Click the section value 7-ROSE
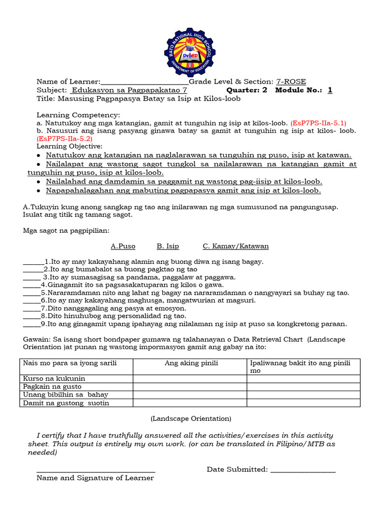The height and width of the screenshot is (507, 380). pos(291,82)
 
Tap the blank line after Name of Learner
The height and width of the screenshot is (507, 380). pos(144,82)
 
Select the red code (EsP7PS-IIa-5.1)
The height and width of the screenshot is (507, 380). pos(319,122)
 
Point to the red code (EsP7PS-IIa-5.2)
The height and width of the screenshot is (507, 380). pos(65,139)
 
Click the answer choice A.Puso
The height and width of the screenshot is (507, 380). pos(123,246)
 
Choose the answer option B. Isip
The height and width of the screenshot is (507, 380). pos(168,246)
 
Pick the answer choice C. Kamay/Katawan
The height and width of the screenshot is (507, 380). pos(236,246)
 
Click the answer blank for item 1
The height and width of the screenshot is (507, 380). pos(34,262)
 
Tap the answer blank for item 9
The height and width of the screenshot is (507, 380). pos(31,325)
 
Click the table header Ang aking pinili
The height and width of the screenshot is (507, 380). pos(191,363)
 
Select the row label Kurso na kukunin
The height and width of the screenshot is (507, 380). pos(50,379)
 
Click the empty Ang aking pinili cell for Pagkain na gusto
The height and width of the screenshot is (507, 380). pos(190,387)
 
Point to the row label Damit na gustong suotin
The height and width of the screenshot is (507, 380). pos(66,403)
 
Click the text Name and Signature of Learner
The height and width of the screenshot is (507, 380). pos(95,478)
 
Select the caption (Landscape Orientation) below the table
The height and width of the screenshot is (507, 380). pos(190,418)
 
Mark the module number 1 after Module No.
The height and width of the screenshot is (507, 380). pos(330,90)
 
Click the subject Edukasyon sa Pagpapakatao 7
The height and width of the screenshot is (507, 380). pos(129,90)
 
